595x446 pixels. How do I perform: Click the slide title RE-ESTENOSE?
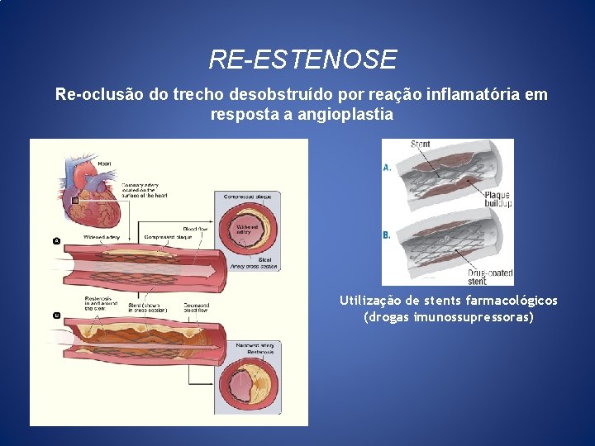[x=302, y=59]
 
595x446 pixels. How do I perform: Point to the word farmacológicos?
[x=512, y=301]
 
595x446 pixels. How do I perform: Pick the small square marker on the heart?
[x=75, y=201]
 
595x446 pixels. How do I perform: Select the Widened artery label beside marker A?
[x=102, y=237]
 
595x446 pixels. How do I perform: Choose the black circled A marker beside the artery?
[x=56, y=240]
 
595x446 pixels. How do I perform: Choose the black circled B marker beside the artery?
[x=56, y=316]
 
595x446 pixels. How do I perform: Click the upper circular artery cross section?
[x=247, y=232]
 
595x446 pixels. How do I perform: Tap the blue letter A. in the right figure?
[x=387, y=168]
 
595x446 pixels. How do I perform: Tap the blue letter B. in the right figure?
[x=387, y=235]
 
